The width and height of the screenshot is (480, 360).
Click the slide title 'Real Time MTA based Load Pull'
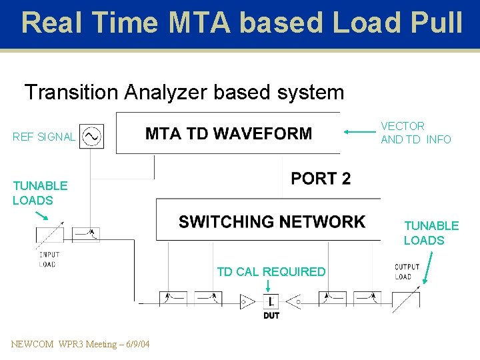pyautogui.click(x=241, y=23)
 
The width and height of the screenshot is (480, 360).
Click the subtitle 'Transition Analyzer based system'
pyautogui.click(x=184, y=92)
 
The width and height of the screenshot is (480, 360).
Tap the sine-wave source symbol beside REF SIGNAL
pyautogui.click(x=91, y=137)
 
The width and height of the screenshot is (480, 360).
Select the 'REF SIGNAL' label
pyautogui.click(x=43, y=137)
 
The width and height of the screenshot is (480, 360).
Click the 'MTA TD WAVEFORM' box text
pyautogui.click(x=229, y=133)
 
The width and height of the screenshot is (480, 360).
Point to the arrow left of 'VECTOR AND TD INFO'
pyautogui.click(x=360, y=133)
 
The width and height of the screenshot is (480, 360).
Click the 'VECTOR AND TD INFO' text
pyautogui.click(x=415, y=133)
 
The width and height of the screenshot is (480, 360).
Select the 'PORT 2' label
pyautogui.click(x=321, y=179)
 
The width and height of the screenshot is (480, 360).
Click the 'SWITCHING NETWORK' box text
pyautogui.click(x=272, y=222)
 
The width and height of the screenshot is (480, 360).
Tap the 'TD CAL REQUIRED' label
pyautogui.click(x=271, y=271)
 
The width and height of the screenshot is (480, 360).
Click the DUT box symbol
pyautogui.click(x=271, y=301)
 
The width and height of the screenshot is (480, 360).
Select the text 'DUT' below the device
pyautogui.click(x=271, y=315)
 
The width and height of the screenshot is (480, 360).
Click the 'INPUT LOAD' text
pyautogui.click(x=49, y=259)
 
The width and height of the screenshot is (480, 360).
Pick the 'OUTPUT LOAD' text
pyautogui.click(x=407, y=272)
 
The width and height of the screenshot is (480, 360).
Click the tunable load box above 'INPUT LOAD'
pyautogui.click(x=50, y=235)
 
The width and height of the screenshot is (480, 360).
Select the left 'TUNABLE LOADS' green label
pyautogui.click(x=40, y=193)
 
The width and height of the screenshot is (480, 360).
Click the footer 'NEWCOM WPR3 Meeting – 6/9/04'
pyautogui.click(x=80, y=344)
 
